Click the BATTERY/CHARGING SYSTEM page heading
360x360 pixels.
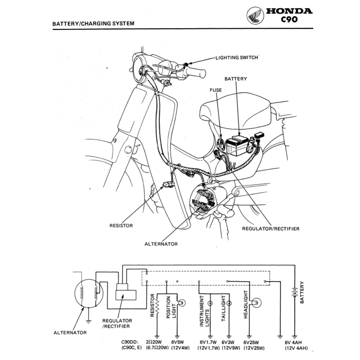point(93,24)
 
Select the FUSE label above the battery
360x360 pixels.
point(216,90)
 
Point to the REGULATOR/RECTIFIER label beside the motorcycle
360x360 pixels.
point(271,229)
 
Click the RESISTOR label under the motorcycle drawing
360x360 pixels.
point(121,225)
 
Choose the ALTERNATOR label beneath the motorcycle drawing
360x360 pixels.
point(161,244)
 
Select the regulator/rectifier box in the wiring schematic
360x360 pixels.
point(126,291)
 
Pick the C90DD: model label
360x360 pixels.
point(130,342)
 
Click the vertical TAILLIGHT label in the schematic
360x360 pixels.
point(224,309)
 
